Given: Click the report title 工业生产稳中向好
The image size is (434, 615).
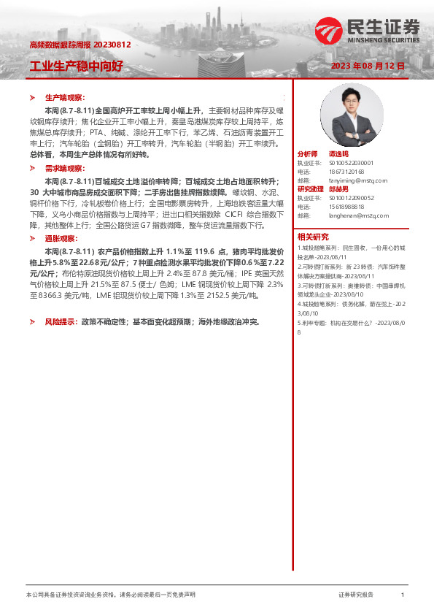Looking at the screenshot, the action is coord(76,66).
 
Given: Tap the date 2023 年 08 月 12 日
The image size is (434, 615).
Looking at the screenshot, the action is coord(368,66).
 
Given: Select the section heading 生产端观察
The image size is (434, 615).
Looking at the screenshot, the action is coord(65,97).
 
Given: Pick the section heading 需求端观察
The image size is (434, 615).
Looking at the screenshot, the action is coord(65,168).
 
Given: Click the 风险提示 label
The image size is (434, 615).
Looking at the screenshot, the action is coord(62,321).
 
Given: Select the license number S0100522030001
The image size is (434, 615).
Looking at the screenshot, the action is coord(351,163).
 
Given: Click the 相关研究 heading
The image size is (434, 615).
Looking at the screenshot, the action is coord(313,236).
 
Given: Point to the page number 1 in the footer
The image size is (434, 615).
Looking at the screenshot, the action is coord(403,595).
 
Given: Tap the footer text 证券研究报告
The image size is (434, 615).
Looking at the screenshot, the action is coord(356,595).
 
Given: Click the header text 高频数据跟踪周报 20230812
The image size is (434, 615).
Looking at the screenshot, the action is coord(80,45).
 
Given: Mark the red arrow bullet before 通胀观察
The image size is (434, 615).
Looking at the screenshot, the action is coord(31,238).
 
